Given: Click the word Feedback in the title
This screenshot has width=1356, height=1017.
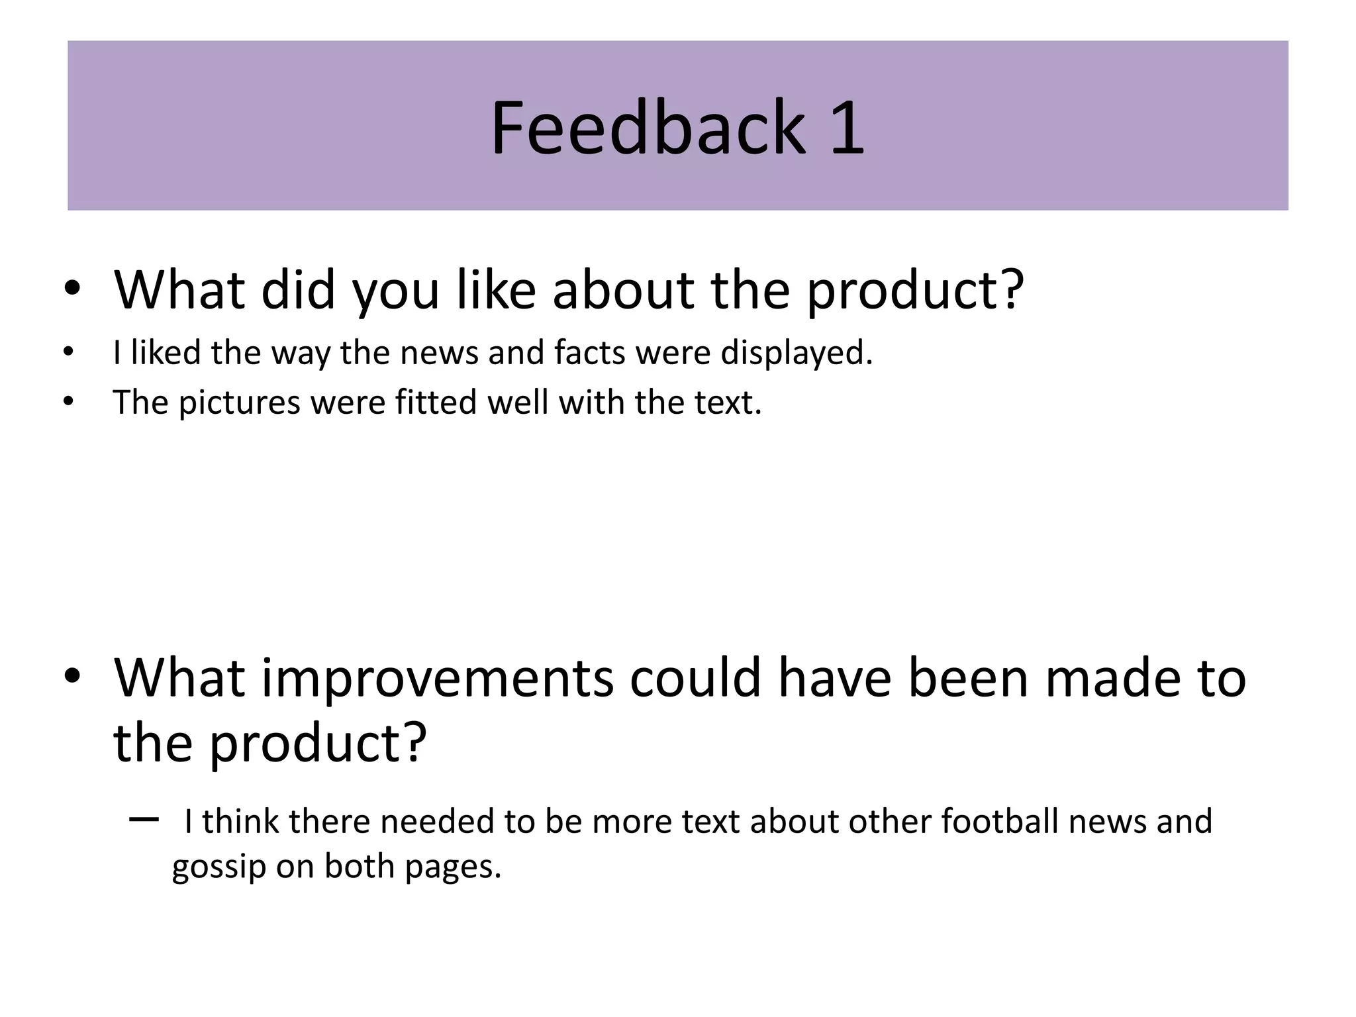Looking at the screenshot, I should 648,127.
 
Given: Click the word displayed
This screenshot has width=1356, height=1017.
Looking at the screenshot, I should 797,354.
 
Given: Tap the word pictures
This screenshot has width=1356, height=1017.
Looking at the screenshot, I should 240,403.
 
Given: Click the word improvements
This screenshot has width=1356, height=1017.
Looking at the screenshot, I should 437,679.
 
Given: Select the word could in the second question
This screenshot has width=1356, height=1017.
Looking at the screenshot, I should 695,678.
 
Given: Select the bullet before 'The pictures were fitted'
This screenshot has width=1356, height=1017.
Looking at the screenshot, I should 68,401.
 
